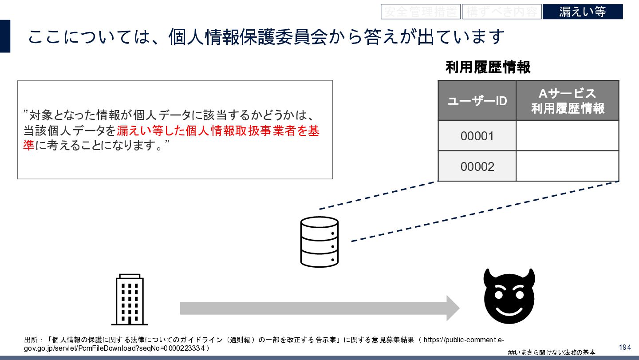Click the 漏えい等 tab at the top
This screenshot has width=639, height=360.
point(582,12)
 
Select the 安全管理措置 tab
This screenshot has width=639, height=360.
point(420,12)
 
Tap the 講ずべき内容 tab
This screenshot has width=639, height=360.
point(501,12)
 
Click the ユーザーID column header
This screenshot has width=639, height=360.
point(477,101)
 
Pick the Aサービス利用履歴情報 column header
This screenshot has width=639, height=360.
point(567,101)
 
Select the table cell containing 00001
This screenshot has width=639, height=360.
point(477,136)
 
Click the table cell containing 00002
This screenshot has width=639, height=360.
point(477,166)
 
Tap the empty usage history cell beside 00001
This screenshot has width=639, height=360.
point(567,136)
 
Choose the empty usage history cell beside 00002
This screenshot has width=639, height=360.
point(567,166)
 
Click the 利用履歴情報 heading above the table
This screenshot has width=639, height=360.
point(488,67)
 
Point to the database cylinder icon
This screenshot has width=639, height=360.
point(319,241)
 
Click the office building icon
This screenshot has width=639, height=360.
point(130,300)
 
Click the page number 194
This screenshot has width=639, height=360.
point(625,347)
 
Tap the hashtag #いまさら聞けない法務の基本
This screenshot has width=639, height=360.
point(552,352)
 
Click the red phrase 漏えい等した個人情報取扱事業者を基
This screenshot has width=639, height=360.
point(218,131)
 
